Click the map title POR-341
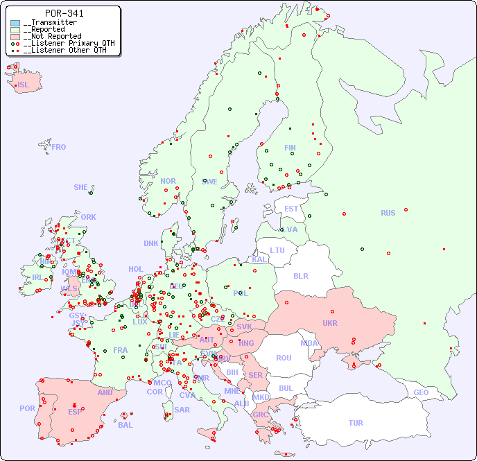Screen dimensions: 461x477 pos(64,13)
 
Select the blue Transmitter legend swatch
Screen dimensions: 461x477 pos(15,23)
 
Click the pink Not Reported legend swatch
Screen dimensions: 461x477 pos(15,37)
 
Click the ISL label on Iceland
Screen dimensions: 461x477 pos(23,85)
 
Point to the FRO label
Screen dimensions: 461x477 pos(59,147)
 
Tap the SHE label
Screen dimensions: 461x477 pos(80,187)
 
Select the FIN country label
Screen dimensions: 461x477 pos(290,148)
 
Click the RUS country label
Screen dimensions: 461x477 pos(388,213)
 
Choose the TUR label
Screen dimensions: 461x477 pos(356,423)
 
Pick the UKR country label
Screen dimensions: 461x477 pos(330,323)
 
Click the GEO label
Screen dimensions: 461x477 pos(421,392)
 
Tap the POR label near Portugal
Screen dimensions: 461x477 pos(27,408)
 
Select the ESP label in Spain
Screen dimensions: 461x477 pos(75,411)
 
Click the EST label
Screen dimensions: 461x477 pos(291,209)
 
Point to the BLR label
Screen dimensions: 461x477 pos(301,275)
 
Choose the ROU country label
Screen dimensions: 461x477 pos(284,358)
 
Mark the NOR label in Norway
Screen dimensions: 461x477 pos(168,181)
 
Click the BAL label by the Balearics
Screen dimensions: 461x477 pos(125,425)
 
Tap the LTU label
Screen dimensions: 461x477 pos(277,250)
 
